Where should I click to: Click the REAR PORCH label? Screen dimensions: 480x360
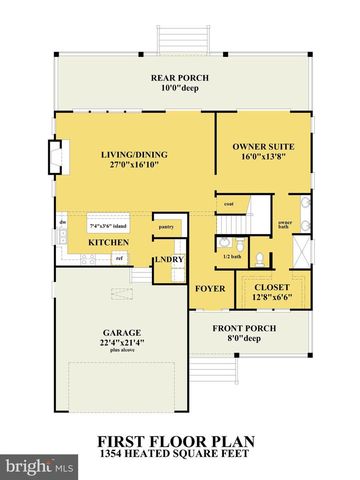pos(180,77)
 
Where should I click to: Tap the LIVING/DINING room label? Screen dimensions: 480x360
pos(135,155)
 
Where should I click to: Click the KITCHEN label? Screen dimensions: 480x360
pos(107,242)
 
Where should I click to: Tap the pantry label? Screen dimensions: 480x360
pos(166,227)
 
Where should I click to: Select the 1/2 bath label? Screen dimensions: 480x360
pos(229,256)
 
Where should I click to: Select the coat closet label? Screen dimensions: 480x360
pos(229,205)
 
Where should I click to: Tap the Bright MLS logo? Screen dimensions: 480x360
pos(40,465)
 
